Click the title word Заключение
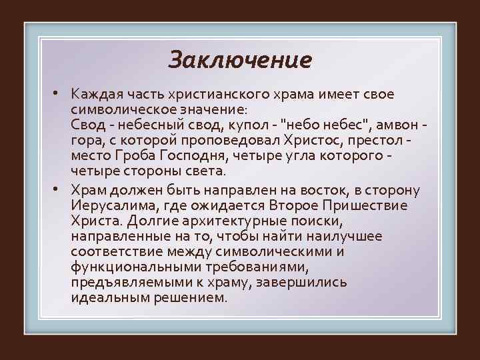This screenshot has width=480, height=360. pos(240,60)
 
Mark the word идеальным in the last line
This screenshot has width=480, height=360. pos(107,299)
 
